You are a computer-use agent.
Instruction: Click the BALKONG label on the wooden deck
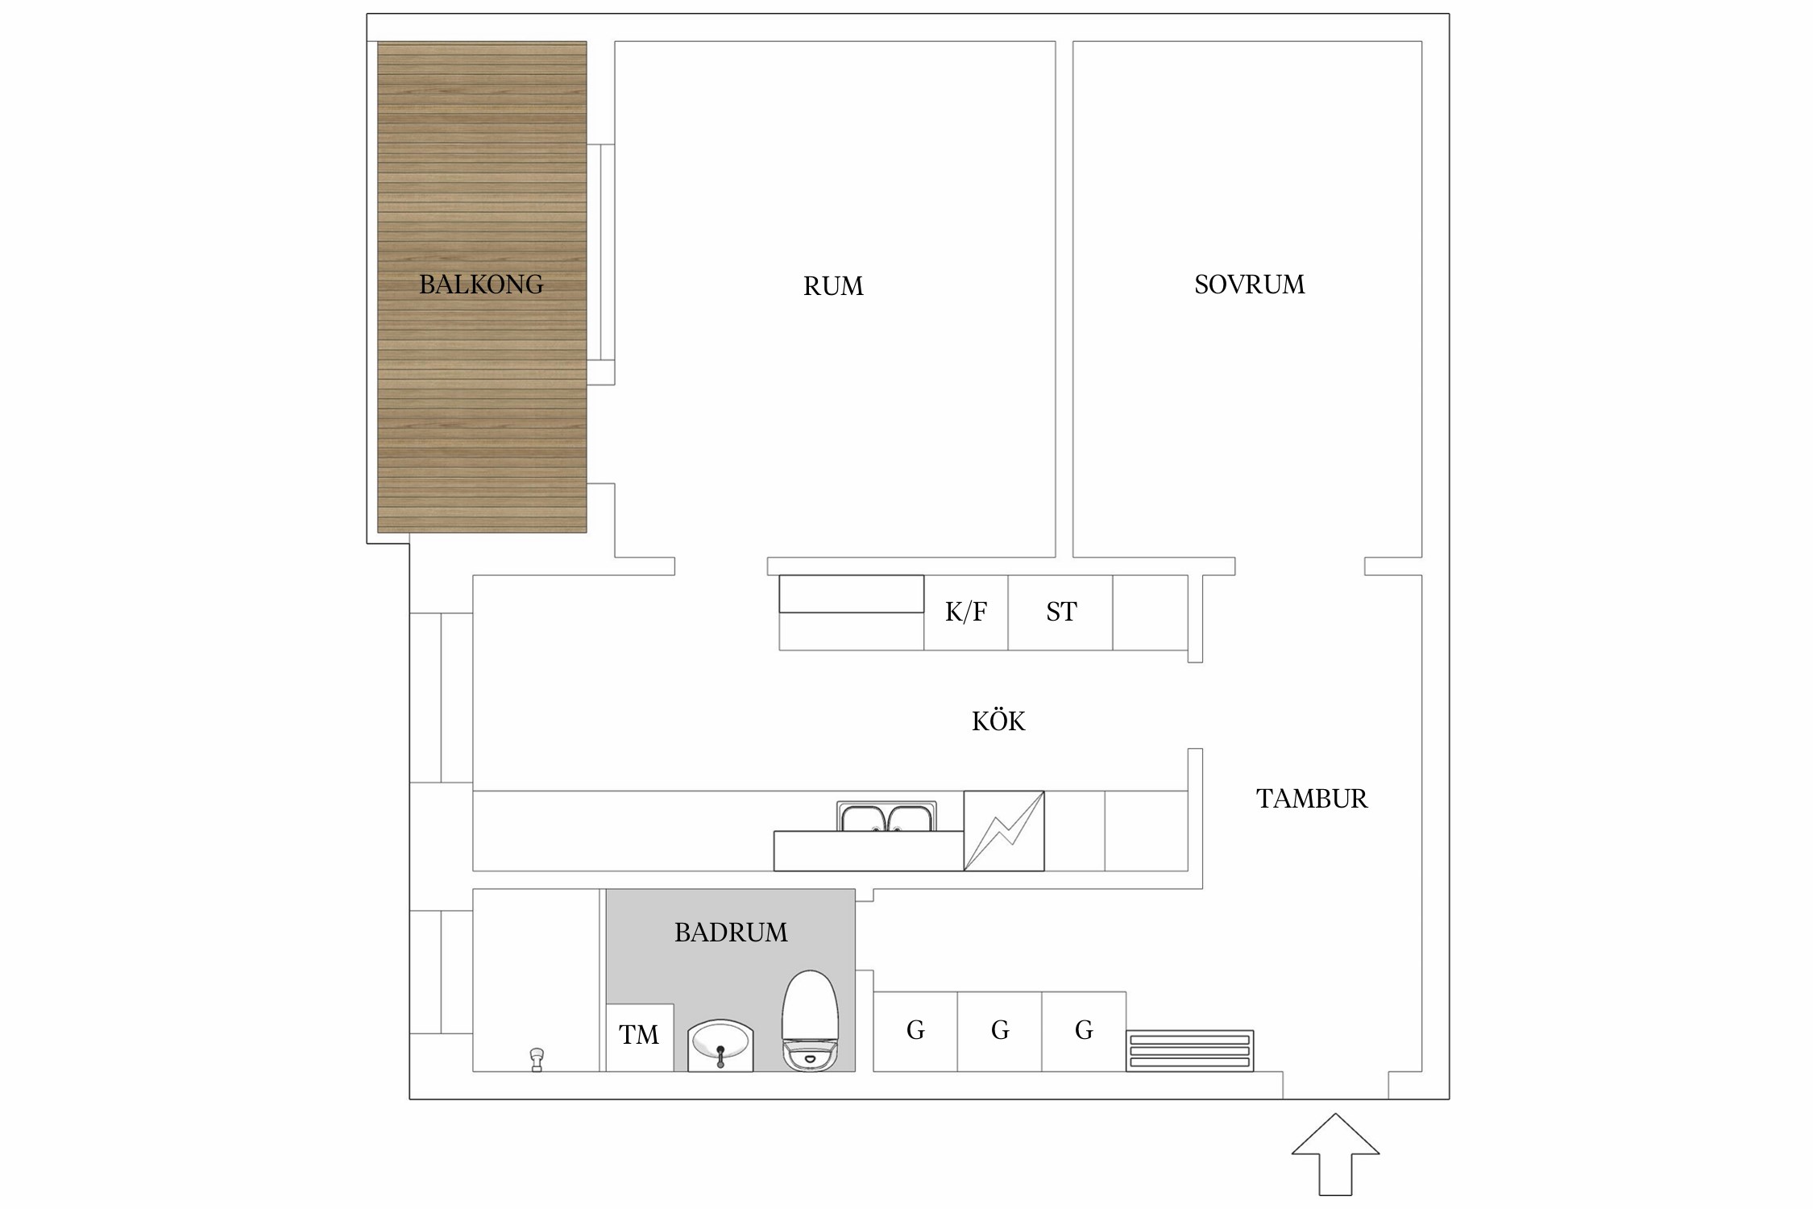coord(481,285)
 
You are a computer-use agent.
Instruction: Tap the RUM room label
coord(833,286)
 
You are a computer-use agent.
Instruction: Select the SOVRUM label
coord(1249,285)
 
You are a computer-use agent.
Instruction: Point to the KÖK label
coord(998,721)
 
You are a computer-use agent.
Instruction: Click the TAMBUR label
coord(1312,799)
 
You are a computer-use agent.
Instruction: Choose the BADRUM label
coord(731,933)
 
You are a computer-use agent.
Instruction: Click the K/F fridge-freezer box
coord(965,613)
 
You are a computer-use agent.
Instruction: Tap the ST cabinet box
coord(1060,613)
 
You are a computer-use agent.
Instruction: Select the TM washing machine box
coord(639,1036)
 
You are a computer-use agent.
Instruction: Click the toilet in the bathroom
coord(811,1022)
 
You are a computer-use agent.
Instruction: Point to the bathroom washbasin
coord(720,1046)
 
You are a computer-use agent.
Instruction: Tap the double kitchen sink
coord(886,817)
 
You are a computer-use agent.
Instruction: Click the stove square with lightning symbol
coord(1004,831)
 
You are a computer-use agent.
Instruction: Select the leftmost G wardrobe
coord(915,1031)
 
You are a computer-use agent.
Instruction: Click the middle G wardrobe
coord(1000,1031)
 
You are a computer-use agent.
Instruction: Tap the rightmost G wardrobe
coord(1084,1031)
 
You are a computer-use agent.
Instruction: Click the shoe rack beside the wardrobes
coord(1189,1051)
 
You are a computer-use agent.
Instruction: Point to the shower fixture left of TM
coord(537,1058)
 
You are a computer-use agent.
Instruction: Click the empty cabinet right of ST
coord(1150,613)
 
